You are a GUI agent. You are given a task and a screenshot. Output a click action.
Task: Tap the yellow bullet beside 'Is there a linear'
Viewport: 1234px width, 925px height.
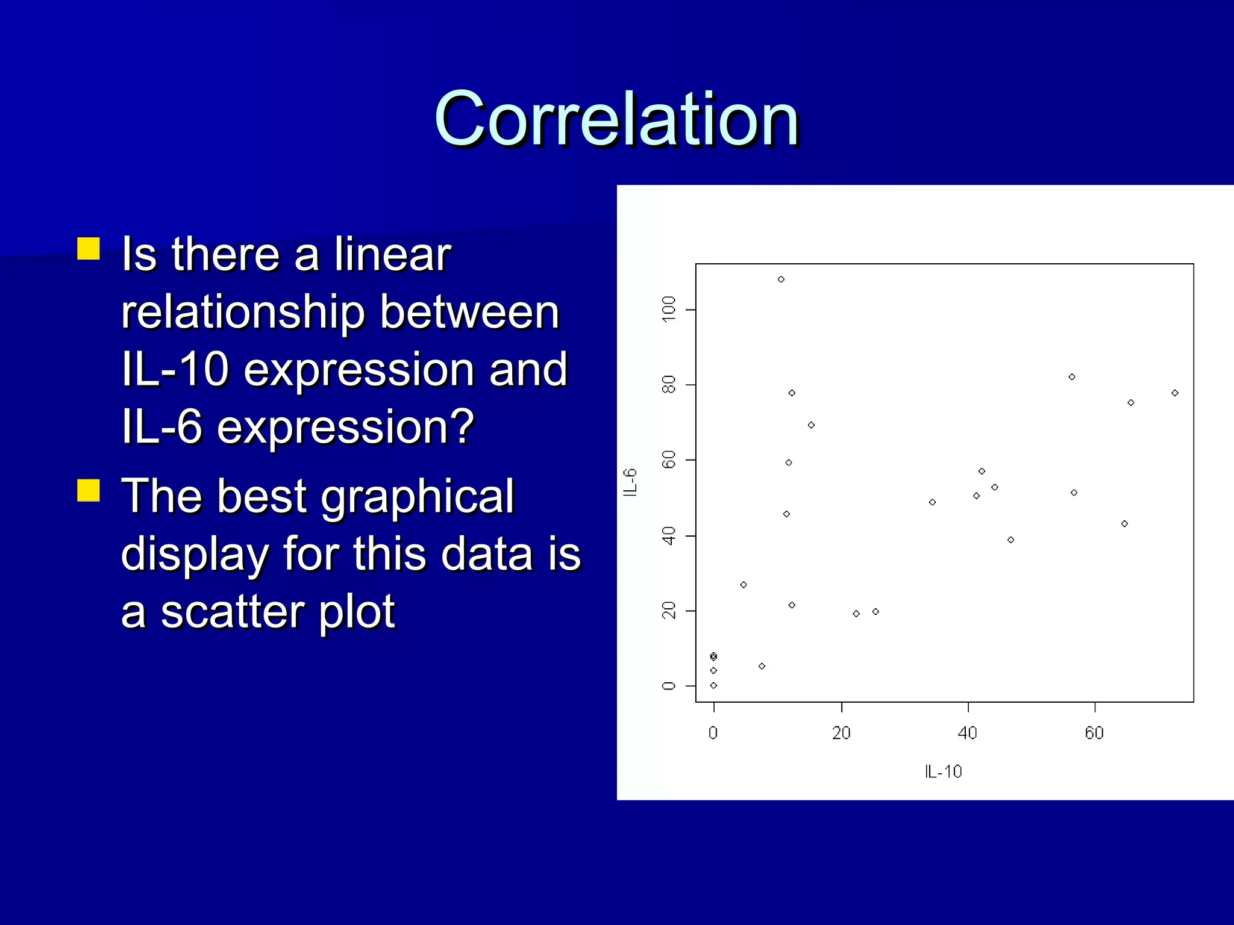(x=89, y=248)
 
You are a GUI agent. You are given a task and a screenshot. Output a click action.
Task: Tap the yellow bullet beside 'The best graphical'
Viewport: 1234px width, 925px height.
(x=89, y=490)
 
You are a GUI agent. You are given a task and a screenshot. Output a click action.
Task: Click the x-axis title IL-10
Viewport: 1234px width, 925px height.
(x=943, y=771)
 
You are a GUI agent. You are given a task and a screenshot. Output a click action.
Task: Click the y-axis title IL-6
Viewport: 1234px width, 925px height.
(x=630, y=482)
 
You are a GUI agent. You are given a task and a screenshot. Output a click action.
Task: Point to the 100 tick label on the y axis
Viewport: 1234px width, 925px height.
(x=669, y=310)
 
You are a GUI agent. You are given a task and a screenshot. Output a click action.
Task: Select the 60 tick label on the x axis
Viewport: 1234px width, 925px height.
(x=1094, y=733)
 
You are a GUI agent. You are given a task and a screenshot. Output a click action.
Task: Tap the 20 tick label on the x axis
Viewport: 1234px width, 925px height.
(x=841, y=733)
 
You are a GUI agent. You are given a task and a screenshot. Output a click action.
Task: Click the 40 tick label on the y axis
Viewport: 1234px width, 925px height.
(x=669, y=535)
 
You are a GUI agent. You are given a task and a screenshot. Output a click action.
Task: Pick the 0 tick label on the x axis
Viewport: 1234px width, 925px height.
(x=713, y=733)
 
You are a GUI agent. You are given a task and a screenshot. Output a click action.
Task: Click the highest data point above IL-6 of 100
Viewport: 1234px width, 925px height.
(x=781, y=279)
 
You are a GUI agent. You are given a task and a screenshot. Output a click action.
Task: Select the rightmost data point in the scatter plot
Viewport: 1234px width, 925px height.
(x=1175, y=393)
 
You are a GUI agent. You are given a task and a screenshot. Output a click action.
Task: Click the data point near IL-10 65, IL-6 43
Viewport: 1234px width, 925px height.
(x=1124, y=524)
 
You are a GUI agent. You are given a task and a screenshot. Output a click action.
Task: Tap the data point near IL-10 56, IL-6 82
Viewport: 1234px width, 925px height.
(x=1072, y=377)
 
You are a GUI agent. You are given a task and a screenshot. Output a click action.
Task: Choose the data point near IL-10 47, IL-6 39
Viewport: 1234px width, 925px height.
(x=1010, y=540)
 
